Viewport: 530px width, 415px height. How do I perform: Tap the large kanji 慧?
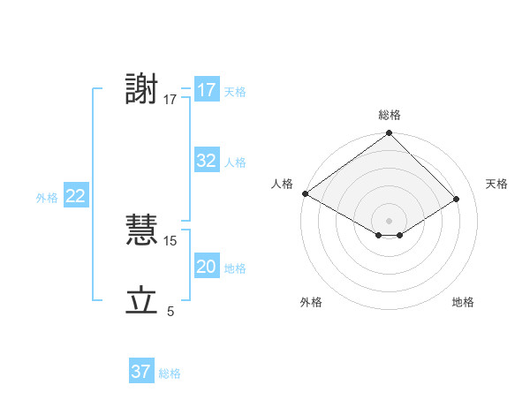[x=142, y=230]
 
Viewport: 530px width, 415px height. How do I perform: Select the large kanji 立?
[x=142, y=301]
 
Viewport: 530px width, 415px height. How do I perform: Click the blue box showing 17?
[x=207, y=90]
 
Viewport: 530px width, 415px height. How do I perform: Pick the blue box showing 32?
[x=207, y=161]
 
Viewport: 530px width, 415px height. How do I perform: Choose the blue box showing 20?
[x=207, y=267]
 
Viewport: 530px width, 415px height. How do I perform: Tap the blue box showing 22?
[x=75, y=197]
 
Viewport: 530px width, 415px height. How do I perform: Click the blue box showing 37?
[x=141, y=372]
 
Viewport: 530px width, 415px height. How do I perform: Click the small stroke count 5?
[x=170, y=312]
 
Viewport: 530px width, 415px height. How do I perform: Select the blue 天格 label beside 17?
[x=235, y=92]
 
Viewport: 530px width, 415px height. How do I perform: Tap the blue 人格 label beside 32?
[x=235, y=162]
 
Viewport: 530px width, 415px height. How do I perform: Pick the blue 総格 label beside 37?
[x=170, y=373]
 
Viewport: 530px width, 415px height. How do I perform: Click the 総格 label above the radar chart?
[x=389, y=115]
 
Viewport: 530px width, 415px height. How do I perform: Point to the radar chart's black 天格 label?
[x=497, y=184]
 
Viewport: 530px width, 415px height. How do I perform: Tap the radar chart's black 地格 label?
[x=463, y=303]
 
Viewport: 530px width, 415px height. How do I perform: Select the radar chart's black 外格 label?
[x=311, y=303]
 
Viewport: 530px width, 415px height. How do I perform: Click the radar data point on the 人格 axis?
[x=305, y=193]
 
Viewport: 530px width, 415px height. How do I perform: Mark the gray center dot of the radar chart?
[x=389, y=220]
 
